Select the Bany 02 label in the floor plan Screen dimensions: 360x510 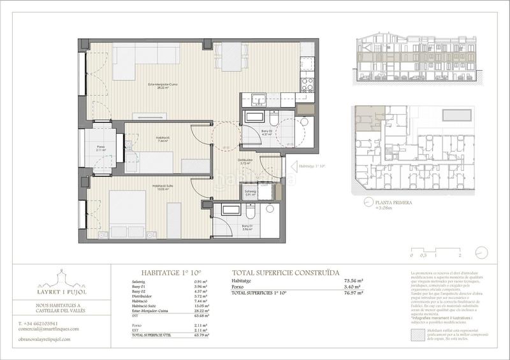coord(268,132)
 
